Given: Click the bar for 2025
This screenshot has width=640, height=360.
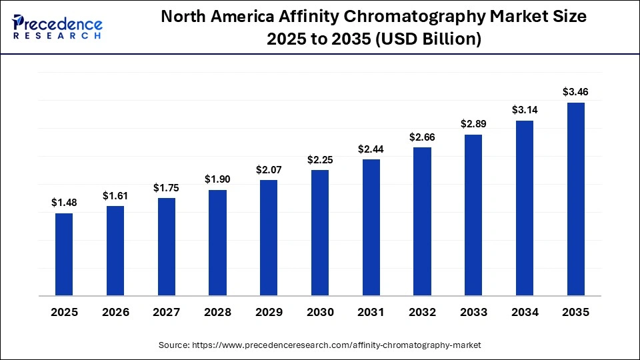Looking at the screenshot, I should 64,254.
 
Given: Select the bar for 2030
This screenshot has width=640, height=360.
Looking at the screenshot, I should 320,232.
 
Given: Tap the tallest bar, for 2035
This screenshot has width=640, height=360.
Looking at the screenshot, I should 575,199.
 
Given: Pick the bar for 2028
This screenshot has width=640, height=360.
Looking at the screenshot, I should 217,242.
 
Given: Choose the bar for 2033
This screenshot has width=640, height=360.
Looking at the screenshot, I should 473,215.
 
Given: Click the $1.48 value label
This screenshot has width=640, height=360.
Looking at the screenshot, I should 64,203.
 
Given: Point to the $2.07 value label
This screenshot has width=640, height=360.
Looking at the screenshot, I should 269,170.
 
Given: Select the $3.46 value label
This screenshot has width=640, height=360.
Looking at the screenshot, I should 575,92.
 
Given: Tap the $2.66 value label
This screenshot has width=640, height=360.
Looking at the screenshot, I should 422,137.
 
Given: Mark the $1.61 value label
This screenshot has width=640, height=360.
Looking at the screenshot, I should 115,195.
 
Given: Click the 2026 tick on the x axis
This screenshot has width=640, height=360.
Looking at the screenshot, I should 115,313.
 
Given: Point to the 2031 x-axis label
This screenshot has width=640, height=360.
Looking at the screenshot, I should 371,313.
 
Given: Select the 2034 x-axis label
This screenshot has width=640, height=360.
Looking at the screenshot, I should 524,313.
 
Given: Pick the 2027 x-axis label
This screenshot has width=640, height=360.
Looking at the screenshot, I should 167,313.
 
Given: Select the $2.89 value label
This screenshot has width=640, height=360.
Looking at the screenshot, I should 473,124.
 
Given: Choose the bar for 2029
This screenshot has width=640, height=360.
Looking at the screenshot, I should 269,237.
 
